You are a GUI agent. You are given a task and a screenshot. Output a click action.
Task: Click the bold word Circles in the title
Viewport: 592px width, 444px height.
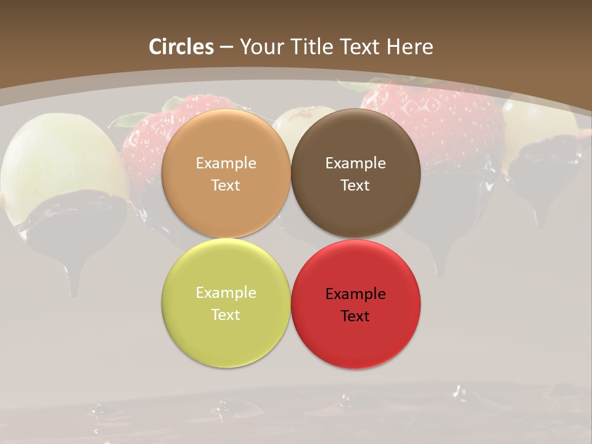click(181, 46)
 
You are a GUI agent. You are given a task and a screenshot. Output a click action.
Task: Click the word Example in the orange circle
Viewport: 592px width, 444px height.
click(226, 163)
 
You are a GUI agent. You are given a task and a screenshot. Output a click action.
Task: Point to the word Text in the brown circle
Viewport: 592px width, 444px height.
click(355, 185)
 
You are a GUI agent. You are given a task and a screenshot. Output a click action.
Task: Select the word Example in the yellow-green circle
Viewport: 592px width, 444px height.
click(226, 292)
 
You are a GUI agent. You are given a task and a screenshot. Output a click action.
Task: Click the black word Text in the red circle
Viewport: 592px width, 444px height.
click(355, 316)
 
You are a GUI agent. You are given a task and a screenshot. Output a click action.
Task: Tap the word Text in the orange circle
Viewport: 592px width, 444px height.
click(226, 185)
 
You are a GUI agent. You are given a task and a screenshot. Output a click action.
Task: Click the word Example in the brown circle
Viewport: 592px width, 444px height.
click(355, 163)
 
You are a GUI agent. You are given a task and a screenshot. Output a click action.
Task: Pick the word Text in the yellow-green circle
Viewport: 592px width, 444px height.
click(226, 314)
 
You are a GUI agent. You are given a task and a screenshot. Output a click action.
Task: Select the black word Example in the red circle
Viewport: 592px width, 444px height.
click(355, 294)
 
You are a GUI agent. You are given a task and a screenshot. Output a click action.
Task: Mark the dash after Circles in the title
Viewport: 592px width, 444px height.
click(226, 47)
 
